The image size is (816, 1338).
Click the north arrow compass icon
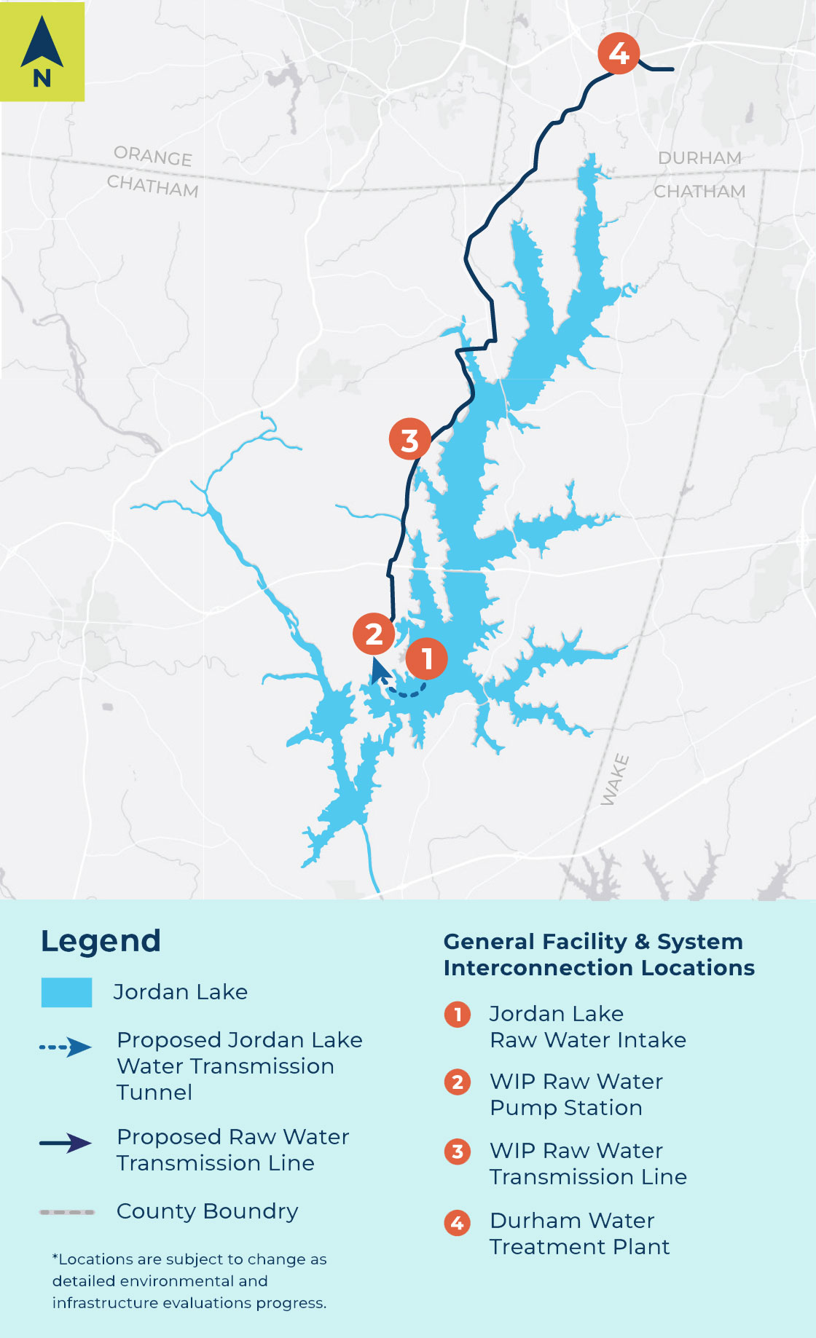(x=42, y=51)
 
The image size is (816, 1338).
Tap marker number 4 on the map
(x=619, y=53)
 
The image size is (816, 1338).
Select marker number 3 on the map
(x=409, y=439)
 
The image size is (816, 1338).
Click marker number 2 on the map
(x=374, y=634)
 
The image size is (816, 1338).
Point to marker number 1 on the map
(x=426, y=658)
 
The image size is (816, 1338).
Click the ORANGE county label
(x=153, y=156)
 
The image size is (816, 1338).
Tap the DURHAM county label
(x=699, y=158)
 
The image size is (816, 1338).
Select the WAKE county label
(x=614, y=780)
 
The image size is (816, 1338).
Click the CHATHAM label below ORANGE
(x=152, y=186)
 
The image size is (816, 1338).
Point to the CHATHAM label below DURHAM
(x=699, y=192)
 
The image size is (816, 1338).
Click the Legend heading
(x=101, y=941)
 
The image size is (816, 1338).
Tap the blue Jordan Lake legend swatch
(x=66, y=992)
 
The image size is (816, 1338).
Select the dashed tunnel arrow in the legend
(x=66, y=1048)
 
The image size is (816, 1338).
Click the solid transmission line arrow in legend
(x=66, y=1143)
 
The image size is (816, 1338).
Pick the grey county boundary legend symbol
(x=67, y=1212)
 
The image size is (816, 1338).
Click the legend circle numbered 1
(x=458, y=1014)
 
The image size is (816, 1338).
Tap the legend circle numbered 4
(x=458, y=1222)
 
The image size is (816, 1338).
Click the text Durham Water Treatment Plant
(x=579, y=1233)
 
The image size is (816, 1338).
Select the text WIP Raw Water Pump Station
(x=576, y=1094)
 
